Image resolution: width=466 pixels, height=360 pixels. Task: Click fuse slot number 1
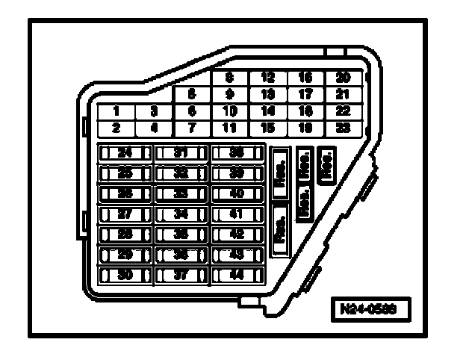pos(117,111)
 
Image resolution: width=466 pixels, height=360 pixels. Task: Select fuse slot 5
pos(192,95)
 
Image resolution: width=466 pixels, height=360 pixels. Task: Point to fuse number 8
pos(230,77)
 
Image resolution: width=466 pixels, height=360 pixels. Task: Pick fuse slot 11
pos(230,127)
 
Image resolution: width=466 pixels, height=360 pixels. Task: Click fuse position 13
pos(267,94)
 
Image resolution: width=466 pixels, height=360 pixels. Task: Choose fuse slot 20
pos(343,77)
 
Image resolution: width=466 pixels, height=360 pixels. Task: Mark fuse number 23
pos(343,127)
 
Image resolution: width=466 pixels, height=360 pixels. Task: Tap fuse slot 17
pos(305,94)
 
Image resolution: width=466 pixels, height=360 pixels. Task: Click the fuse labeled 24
pos(125,153)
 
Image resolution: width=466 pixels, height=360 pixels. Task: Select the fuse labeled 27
pos(125,214)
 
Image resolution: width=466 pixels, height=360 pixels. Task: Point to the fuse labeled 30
pos(125,274)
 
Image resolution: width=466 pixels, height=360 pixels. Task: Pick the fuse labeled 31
pos(181,153)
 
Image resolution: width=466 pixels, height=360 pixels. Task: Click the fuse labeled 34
pos(181,214)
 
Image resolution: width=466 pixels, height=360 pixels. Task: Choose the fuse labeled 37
pos(181,274)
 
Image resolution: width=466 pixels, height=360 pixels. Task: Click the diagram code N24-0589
pos(369,307)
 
